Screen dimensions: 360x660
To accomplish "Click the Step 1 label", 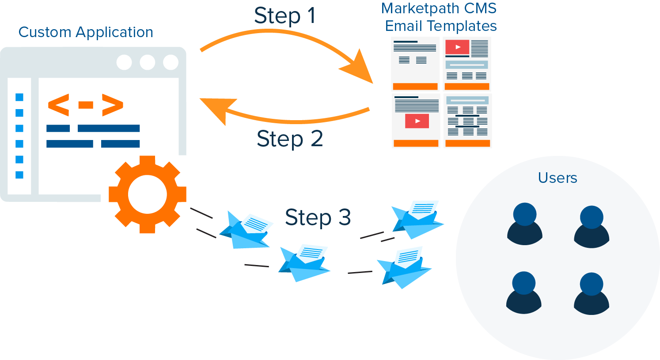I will (285, 16).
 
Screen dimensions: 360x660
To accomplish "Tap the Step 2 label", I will (289, 139).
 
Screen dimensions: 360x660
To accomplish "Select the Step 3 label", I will (317, 217).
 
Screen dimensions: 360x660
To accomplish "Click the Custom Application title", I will (86, 32).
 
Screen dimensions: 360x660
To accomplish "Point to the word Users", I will (557, 178).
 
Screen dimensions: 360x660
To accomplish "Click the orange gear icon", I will (147, 194).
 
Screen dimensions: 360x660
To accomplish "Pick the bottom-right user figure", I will (591, 293).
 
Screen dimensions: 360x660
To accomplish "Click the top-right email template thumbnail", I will (467, 64).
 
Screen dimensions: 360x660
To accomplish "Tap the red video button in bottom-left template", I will (417, 121).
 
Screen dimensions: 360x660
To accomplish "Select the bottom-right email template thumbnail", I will (467, 121).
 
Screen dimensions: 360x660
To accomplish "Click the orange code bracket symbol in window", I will (85, 105).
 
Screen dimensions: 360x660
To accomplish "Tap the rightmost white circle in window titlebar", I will (171, 62).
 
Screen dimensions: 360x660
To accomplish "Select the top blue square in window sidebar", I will (19, 97).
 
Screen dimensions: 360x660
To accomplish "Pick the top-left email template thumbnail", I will (415, 64).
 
